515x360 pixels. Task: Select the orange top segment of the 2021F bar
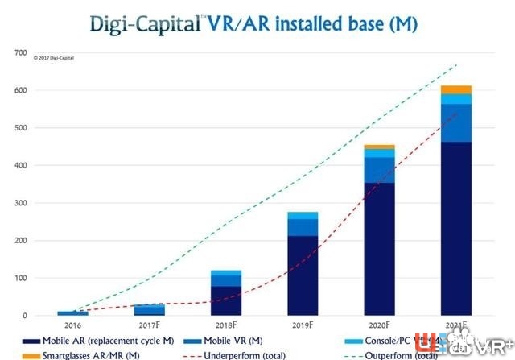point(457,89)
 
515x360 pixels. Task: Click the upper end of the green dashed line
point(456,65)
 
